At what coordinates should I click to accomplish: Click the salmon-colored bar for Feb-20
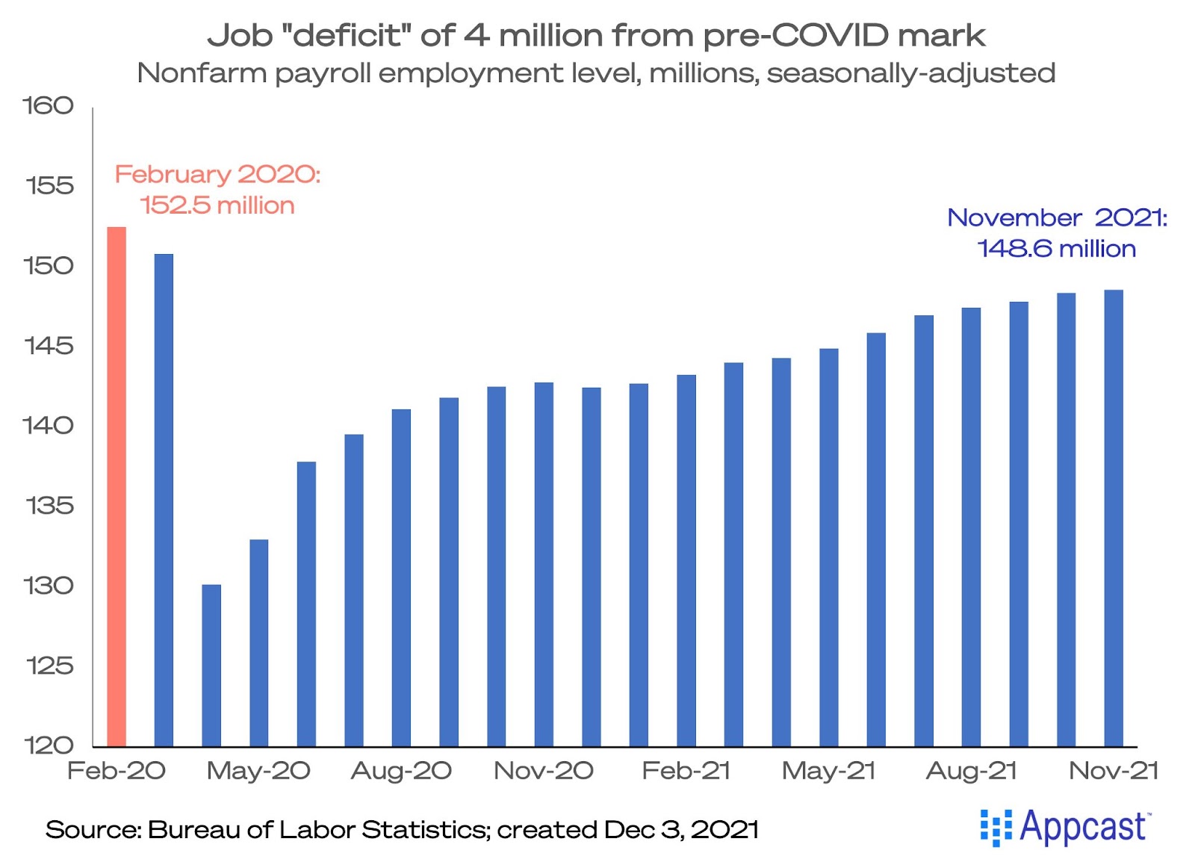pos(117,486)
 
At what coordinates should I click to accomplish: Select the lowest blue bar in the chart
pos(211,665)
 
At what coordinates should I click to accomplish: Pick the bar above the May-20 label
pos(258,642)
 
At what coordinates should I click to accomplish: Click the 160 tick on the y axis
pos(49,105)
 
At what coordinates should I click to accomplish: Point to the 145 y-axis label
pos(49,345)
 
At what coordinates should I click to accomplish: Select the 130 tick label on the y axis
pos(49,586)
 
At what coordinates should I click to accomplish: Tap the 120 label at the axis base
pos(49,745)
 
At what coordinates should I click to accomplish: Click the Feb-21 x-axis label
pos(686,770)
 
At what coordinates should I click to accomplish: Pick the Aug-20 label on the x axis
pos(401,770)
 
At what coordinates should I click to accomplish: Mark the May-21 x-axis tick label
pos(828,770)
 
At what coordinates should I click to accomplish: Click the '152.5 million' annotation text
pos(217,205)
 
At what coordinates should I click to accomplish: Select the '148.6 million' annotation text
pos(1056,249)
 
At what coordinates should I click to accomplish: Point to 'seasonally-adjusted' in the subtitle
pos(910,73)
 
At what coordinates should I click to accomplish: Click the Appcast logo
pos(1065,827)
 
